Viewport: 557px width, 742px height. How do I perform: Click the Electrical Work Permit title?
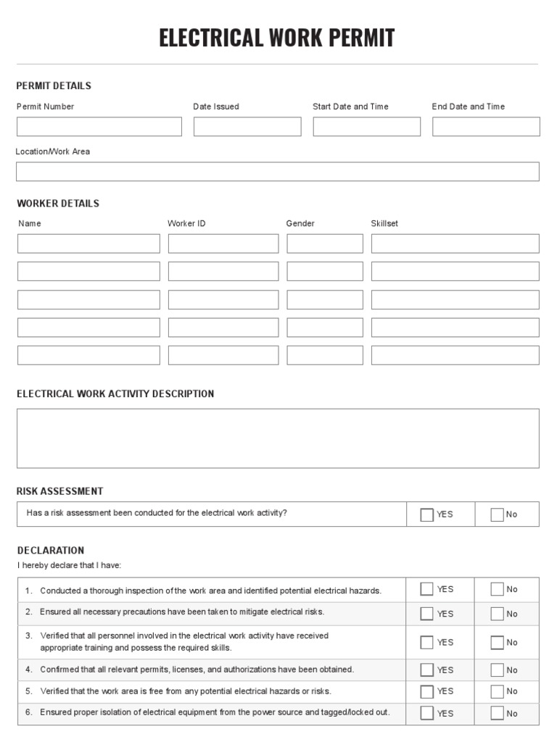[x=277, y=38]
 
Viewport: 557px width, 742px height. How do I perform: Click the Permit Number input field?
[x=99, y=127]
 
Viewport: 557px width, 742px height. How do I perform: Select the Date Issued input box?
[x=247, y=127]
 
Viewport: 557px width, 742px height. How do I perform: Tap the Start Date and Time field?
[x=366, y=127]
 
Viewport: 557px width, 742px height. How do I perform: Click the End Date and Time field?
[x=486, y=127]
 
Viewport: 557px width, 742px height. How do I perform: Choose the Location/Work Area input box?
[x=278, y=172]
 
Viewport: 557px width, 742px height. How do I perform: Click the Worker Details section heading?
[x=58, y=204]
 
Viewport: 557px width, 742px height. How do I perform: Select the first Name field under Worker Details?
[x=88, y=243]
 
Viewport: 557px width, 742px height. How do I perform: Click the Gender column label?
[x=300, y=224]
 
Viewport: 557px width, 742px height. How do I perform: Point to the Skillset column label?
[x=384, y=224]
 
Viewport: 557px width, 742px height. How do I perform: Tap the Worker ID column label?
[x=186, y=224]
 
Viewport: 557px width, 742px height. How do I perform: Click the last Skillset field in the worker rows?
[x=455, y=355]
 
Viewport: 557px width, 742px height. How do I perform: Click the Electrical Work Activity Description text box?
[x=278, y=438]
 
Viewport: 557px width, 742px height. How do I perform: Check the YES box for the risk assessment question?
[x=427, y=514]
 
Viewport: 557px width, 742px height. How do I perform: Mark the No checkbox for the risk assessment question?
[x=497, y=514]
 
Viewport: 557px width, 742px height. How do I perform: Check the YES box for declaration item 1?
[x=427, y=589]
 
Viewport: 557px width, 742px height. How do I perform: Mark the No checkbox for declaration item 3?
[x=497, y=642]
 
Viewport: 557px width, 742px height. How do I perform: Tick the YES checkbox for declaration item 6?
[x=427, y=713]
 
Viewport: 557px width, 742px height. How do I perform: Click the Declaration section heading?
[x=51, y=551]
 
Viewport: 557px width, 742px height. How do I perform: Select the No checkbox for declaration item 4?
[x=497, y=670]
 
